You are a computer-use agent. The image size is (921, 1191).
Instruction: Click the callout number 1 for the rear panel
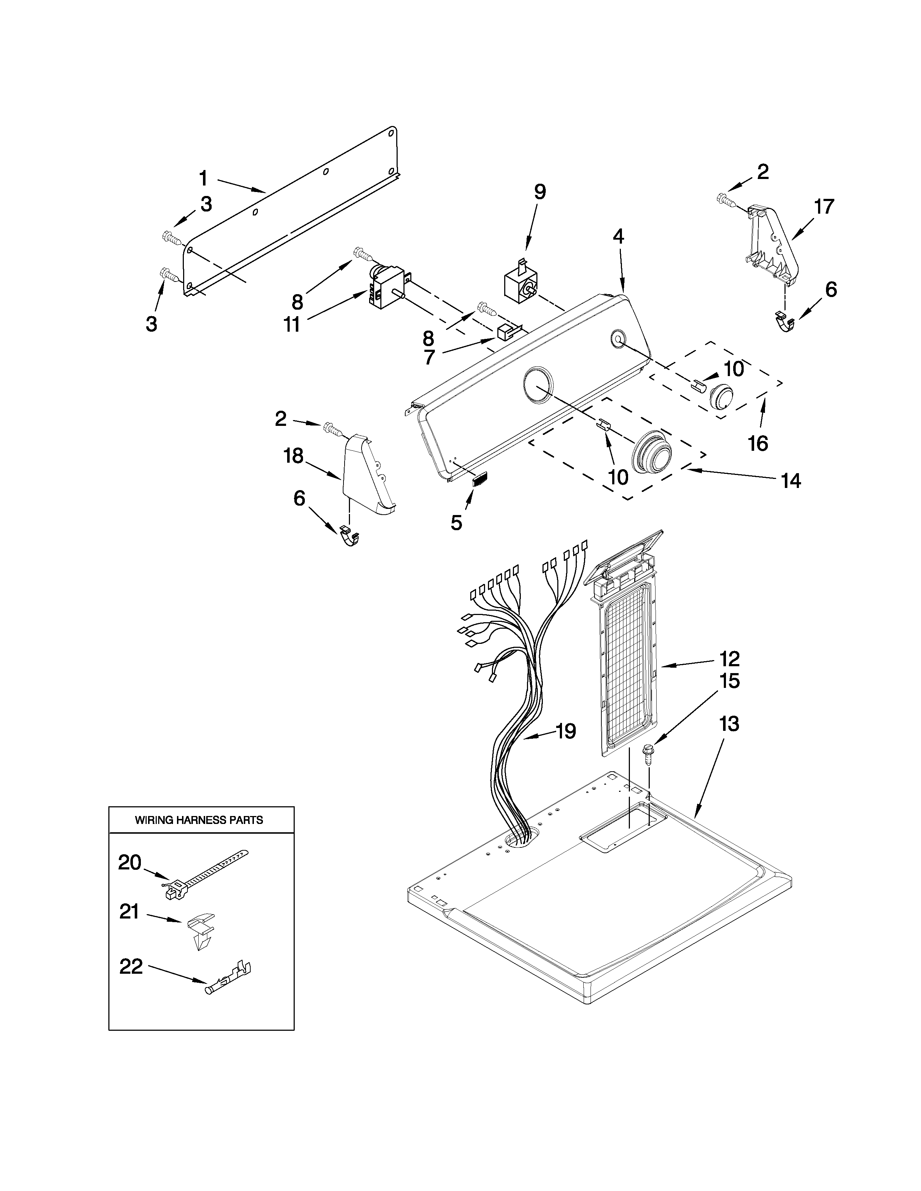[203, 178]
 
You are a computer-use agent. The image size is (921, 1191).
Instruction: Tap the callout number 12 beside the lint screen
[729, 659]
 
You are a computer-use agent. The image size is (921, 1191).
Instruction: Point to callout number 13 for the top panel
[729, 724]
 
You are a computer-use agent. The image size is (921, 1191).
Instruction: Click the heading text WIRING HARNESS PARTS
[199, 820]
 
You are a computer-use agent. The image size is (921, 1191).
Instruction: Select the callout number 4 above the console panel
[618, 236]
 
